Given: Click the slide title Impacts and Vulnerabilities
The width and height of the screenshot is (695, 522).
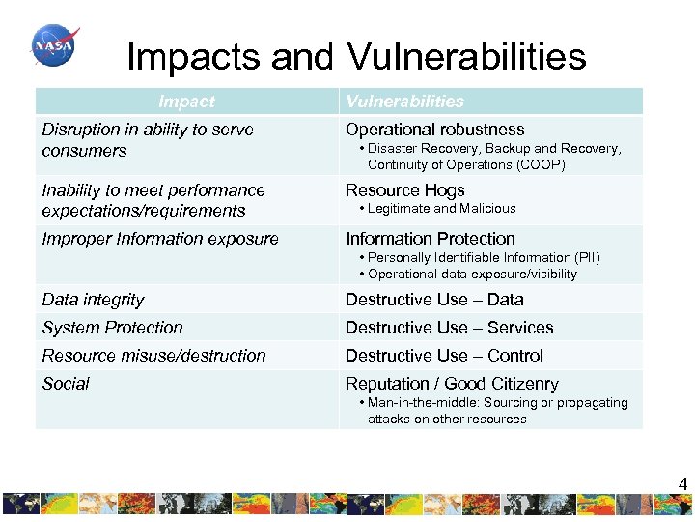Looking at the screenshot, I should pos(356,56).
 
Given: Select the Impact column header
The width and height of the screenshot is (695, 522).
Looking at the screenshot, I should pos(186,101).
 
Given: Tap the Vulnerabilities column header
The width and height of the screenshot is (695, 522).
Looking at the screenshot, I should pos(404,101).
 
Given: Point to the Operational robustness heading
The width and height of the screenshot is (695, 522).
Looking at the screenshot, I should pos(434,130).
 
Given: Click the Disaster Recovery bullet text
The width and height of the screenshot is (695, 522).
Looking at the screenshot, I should pos(493,157).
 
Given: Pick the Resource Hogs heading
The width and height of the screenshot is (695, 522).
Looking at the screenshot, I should pos(404,190).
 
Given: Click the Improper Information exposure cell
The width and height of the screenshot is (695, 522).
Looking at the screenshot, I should pos(160,239).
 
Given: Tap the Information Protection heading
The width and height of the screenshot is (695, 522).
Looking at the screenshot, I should pos(430,239).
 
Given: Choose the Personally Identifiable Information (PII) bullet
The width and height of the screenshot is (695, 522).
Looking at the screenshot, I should pos(483,258).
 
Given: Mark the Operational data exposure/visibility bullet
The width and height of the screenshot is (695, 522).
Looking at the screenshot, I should pos(471,275).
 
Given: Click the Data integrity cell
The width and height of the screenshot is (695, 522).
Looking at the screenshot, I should pos(93,301).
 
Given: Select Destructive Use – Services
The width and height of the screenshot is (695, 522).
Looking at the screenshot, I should pos(449,329).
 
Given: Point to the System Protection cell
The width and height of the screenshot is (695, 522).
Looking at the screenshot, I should pos(112,329).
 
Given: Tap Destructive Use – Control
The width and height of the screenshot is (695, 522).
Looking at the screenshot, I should pos(444,357).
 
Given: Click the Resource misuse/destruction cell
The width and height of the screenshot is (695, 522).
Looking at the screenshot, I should pos(153,357).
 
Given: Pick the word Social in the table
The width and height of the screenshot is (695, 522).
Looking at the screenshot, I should pos(66,385).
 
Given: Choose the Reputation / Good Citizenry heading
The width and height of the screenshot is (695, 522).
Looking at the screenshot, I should pos(451,385).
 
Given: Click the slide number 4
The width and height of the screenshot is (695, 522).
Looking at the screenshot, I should pos(682,484).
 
